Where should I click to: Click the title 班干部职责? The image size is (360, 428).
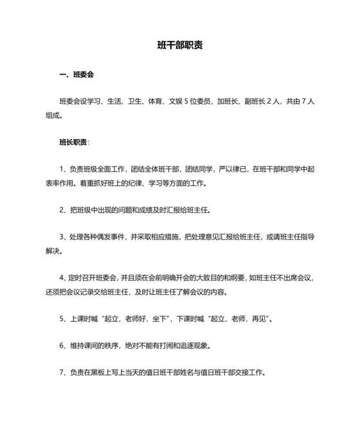180,46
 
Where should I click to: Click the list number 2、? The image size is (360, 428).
62,210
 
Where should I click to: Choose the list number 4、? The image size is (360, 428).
62,278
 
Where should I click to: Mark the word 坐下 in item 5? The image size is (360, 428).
159,318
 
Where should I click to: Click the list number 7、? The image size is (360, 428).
62,372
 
